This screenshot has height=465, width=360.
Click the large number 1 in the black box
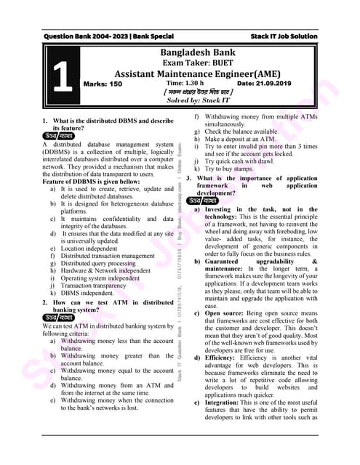tap(63, 77)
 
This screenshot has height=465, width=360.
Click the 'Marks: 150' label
tap(103, 84)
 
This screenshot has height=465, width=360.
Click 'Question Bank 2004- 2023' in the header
tap(86, 36)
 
